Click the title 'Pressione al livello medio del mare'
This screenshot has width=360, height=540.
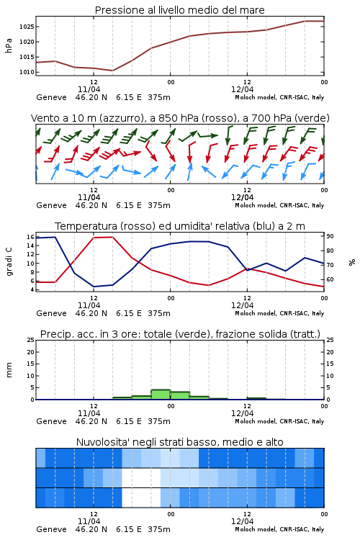click(179, 10)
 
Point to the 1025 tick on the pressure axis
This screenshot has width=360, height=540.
click(27, 27)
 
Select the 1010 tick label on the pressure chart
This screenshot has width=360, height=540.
click(27, 72)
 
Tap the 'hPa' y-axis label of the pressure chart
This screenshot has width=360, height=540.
click(9, 45)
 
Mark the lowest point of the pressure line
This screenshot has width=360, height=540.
click(112, 71)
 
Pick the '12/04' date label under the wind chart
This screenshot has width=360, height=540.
click(242, 197)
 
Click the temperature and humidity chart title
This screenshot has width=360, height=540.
click(180, 226)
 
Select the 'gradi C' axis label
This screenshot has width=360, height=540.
click(9, 261)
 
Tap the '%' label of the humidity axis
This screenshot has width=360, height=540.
click(352, 262)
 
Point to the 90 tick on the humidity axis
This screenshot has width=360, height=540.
click(330, 236)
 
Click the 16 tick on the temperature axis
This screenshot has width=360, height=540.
click(30, 237)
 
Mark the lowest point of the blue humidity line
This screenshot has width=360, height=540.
click(94, 287)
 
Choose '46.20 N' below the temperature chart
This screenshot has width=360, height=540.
click(91, 313)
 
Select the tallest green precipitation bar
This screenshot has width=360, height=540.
click(161, 395)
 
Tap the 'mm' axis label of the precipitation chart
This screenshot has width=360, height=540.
click(9, 369)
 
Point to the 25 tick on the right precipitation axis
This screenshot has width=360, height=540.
click(330, 340)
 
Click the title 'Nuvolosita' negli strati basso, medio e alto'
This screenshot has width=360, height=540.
click(179, 442)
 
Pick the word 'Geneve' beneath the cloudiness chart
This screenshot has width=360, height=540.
click(51, 529)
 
